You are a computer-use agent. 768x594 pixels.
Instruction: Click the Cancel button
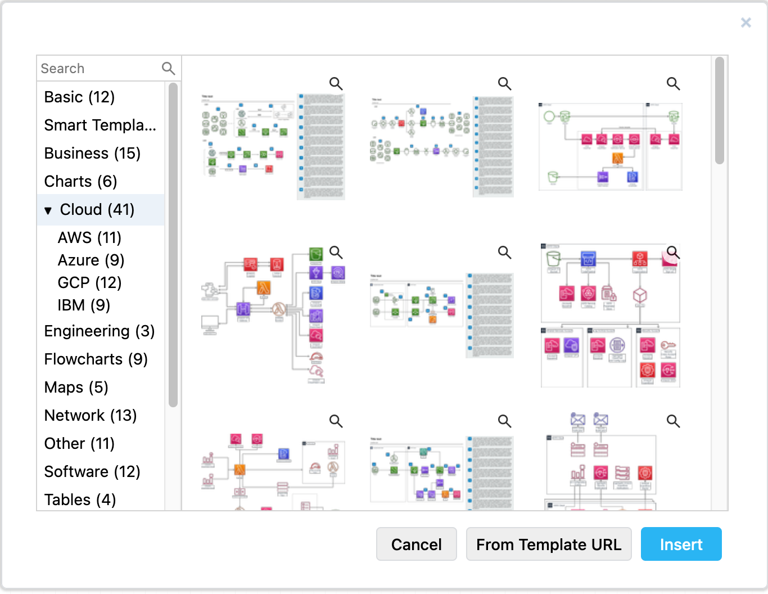(x=416, y=544)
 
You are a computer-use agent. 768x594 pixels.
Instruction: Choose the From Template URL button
(x=549, y=544)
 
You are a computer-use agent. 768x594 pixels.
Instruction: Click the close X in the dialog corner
(x=746, y=22)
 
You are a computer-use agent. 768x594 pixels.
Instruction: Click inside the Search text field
(x=98, y=69)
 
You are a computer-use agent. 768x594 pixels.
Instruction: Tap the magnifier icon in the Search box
(x=168, y=69)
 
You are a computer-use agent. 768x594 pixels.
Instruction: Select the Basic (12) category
(x=79, y=97)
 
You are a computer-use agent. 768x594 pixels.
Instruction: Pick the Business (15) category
(x=92, y=154)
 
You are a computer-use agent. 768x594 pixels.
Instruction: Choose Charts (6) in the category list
(x=80, y=182)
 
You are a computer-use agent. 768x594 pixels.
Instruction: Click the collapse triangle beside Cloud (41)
(x=48, y=210)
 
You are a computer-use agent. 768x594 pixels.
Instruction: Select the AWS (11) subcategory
(x=89, y=238)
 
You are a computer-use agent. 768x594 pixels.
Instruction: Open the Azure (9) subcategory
(x=91, y=260)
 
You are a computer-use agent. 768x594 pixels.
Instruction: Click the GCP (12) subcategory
(x=89, y=283)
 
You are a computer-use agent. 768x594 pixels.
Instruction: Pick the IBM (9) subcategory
(x=84, y=305)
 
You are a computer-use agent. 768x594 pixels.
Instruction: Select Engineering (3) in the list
(x=100, y=331)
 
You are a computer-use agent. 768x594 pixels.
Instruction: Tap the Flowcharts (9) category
(x=96, y=359)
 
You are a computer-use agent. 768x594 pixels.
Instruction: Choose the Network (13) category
(x=91, y=416)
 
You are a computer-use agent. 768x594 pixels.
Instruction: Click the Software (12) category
(x=92, y=472)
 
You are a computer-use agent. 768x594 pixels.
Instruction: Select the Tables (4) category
(x=80, y=500)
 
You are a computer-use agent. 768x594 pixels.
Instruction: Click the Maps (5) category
(x=76, y=388)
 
